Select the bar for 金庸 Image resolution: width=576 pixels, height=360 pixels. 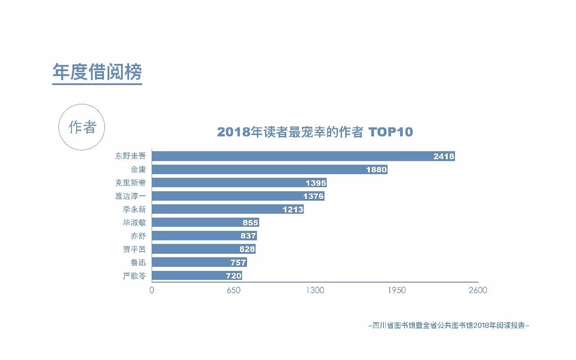coord(270,170)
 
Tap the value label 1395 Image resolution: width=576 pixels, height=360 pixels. coord(316,183)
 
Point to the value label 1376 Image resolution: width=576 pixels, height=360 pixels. coord(314,196)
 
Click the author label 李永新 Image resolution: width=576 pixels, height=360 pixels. coord(134,209)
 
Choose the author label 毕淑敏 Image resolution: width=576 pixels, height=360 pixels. coord(134,223)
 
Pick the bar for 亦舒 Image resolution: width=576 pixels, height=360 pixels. coord(204,236)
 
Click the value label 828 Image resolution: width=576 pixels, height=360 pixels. coord(247,249)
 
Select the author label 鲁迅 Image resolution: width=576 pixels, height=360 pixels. coord(138,262)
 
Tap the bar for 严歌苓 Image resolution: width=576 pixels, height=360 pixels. coord(197,276)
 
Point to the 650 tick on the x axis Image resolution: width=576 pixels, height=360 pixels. coord(234,290)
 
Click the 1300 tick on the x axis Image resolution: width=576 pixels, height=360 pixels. coord(315,290)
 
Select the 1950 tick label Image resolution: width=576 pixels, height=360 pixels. coord(396,290)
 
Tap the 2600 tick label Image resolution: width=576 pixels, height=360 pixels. coord(477,290)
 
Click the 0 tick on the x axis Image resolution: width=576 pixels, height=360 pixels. coord(152,290)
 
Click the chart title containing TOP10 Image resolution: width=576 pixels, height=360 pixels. coord(315,132)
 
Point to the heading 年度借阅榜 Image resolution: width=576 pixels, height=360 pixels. coord(97,72)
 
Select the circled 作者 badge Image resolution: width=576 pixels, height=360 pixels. coord(82,127)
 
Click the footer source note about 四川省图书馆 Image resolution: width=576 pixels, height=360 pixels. coord(449,325)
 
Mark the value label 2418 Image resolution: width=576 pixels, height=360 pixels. coord(444,157)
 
